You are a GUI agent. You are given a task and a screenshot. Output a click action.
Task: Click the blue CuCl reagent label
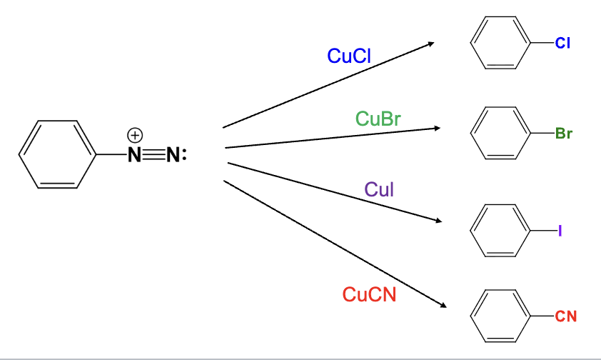tap(348, 56)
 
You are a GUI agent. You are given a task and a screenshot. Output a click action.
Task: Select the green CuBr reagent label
tap(378, 119)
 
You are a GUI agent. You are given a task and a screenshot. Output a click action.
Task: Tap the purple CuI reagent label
tap(378, 189)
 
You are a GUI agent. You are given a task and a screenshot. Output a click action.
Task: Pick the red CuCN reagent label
tap(368, 294)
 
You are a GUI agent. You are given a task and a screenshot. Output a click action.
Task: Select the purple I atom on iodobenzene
tap(561, 231)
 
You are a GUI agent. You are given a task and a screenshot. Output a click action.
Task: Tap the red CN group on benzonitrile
tap(566, 317)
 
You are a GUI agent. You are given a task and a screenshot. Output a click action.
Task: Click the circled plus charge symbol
tap(135, 134)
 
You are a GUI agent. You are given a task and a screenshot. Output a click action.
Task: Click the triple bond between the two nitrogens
tap(153, 154)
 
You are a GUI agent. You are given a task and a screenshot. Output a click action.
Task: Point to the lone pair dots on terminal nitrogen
tap(184, 154)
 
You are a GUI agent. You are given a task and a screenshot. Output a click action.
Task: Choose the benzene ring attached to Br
tap(500, 134)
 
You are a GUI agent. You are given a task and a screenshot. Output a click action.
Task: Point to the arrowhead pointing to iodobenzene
tap(438, 221)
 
